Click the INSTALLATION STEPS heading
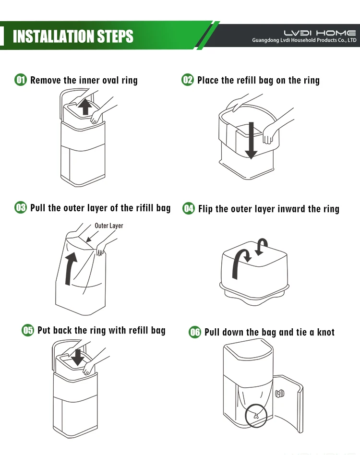[x=73, y=36]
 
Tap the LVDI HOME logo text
[x=320, y=33]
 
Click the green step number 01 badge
[x=21, y=80]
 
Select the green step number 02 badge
[x=188, y=80]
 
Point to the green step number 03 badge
[x=21, y=207]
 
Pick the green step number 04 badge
[x=189, y=208]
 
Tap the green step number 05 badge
[x=28, y=330]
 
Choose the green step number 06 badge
[x=195, y=332]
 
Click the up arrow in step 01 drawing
[x=85, y=107]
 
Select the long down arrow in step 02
[x=251, y=141]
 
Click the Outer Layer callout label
[x=109, y=226]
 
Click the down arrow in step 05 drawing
[x=78, y=357]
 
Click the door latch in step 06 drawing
[x=280, y=394]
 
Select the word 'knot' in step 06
[x=326, y=332]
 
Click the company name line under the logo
[x=304, y=40]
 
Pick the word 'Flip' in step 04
[x=205, y=209]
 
